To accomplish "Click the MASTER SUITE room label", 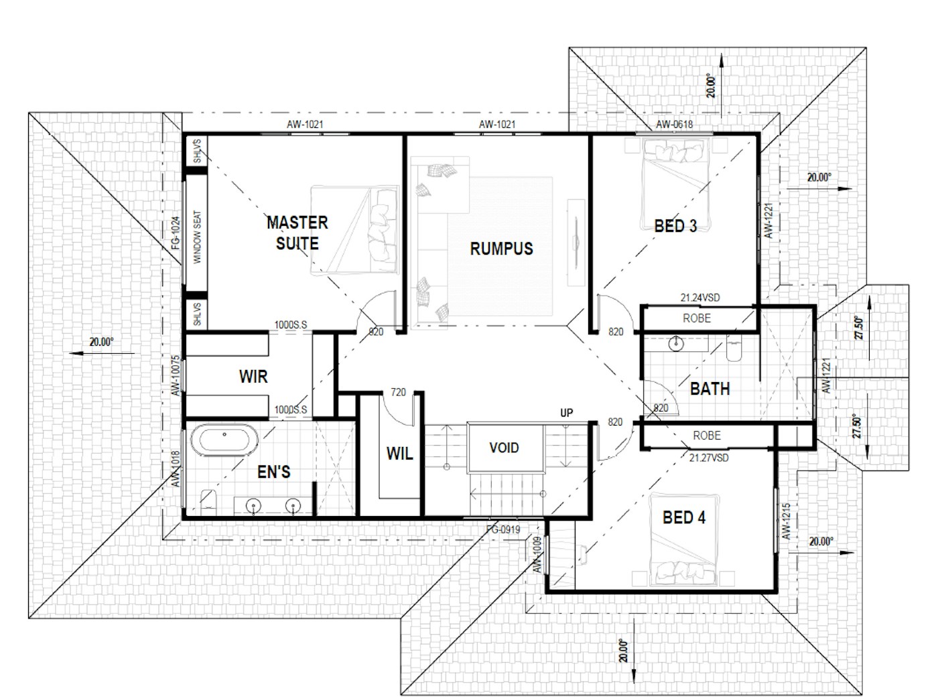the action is click(297, 233).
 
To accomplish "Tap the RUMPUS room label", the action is click(502, 249).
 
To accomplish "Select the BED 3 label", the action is click(675, 226).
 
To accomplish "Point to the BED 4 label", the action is click(684, 517).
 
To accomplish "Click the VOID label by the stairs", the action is click(504, 448).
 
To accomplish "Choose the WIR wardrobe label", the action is click(253, 376).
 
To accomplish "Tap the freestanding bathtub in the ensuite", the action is click(224, 440).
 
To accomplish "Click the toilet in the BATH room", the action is click(734, 348).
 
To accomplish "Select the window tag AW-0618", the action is click(674, 125).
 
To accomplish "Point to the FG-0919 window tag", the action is click(503, 529).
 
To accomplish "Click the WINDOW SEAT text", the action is click(197, 237).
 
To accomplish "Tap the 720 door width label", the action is click(398, 392).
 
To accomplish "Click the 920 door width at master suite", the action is click(376, 332).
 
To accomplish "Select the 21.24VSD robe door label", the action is click(700, 298).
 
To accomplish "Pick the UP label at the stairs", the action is click(566, 413).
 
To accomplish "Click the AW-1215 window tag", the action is click(786, 521).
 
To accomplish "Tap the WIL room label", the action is click(399, 454).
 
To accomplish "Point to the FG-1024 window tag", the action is click(176, 233).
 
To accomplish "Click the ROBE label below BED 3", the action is click(697, 318).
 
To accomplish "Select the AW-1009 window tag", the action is click(537, 555).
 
